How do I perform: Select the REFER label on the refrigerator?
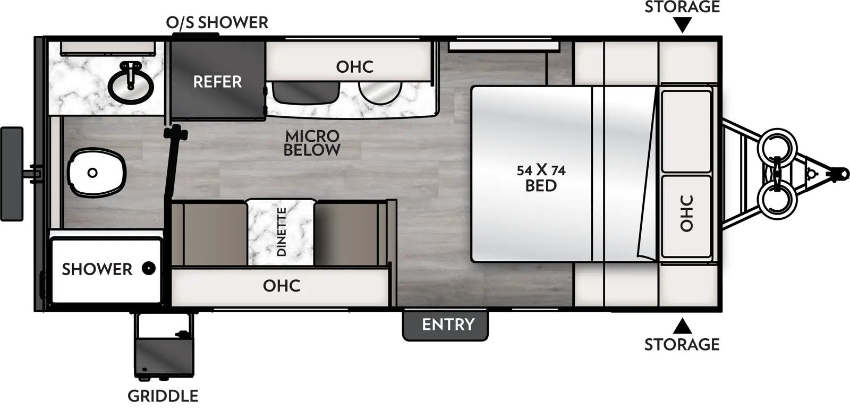217,82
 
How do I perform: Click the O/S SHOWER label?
217,23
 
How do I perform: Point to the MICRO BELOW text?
312,143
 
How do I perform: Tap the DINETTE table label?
282,232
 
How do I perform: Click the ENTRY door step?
445,325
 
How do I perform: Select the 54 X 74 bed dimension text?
541,170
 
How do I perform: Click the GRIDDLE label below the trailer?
163,396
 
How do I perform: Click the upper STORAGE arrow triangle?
683,24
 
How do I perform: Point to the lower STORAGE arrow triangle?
683,326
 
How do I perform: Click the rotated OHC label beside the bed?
686,213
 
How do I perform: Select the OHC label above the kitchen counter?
354,67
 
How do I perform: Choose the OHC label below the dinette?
281,286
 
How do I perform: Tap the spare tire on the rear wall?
12,174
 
